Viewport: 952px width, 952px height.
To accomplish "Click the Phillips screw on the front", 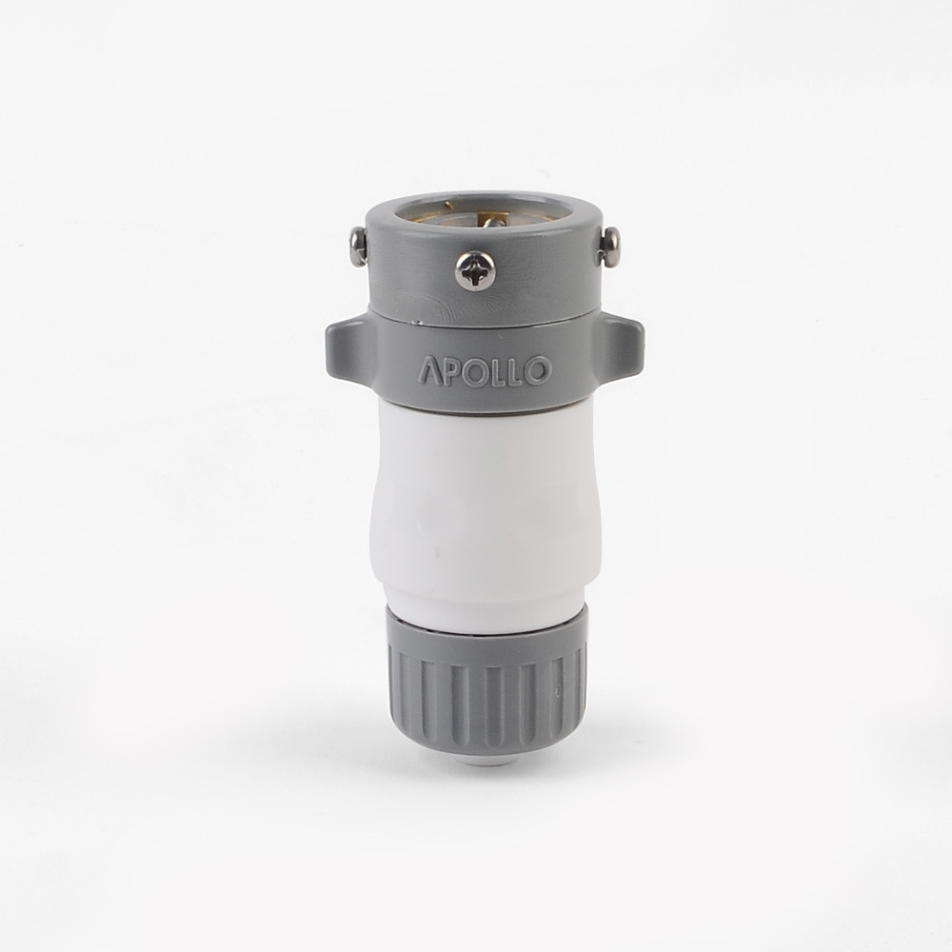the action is pyautogui.click(x=475, y=270).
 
